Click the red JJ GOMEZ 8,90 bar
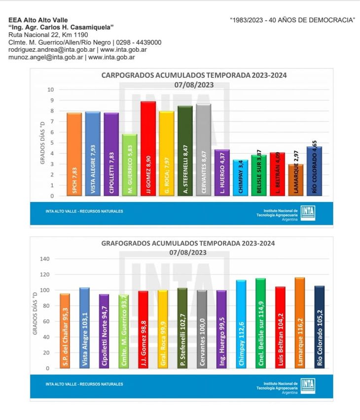click(148, 149)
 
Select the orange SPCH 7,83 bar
click(74, 154)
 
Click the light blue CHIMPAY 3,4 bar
click(240, 178)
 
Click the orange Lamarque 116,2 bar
click(300, 323)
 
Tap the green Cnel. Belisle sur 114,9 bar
click(260, 323)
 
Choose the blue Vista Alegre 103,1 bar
click(84, 328)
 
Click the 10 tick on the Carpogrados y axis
click(51, 90)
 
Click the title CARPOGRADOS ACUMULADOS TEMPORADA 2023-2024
click(194, 75)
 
